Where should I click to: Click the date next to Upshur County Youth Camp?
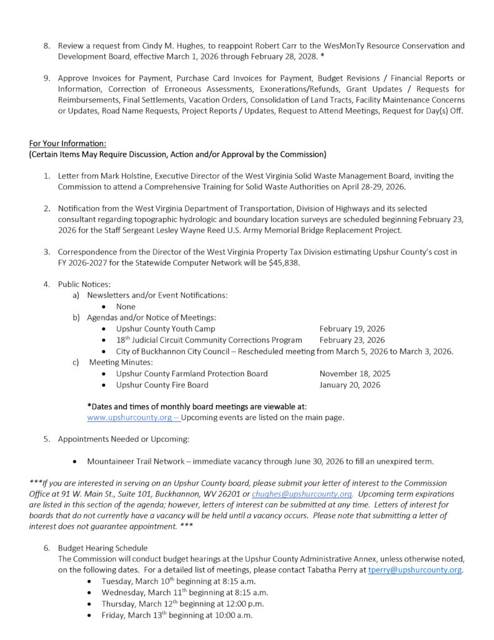click(x=352, y=329)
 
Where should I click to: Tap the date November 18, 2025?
click(x=354, y=374)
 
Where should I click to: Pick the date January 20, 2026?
click(x=349, y=385)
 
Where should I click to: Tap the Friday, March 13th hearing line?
click(x=177, y=616)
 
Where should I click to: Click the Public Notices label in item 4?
click(x=84, y=284)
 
